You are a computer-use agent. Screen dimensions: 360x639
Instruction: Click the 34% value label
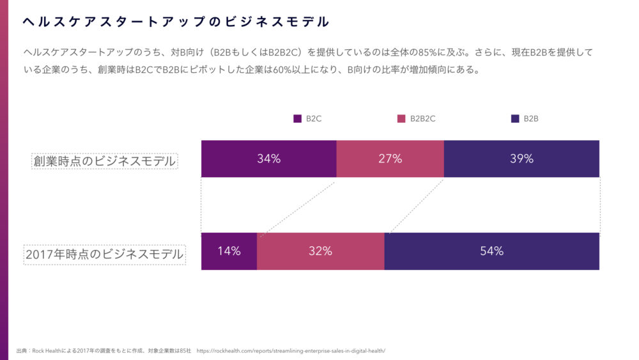268,159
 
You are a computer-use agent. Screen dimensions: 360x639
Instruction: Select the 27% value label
390,159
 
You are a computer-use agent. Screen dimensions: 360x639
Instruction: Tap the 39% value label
521,159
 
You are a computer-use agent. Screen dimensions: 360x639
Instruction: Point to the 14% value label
229,251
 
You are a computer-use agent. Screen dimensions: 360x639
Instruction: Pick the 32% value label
320,251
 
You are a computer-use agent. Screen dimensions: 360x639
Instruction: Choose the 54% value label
492,251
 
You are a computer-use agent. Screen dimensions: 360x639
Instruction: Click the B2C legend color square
297,118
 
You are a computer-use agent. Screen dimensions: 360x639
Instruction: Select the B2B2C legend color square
401,118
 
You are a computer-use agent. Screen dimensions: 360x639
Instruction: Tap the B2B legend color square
515,118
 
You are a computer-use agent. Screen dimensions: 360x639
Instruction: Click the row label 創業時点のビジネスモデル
105,161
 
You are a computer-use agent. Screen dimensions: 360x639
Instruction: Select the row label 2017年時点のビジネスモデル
104,254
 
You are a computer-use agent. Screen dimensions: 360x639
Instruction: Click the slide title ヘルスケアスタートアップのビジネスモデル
176,22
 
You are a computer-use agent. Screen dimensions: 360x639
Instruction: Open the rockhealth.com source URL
291,351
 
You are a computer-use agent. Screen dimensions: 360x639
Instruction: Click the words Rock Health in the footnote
47,351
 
